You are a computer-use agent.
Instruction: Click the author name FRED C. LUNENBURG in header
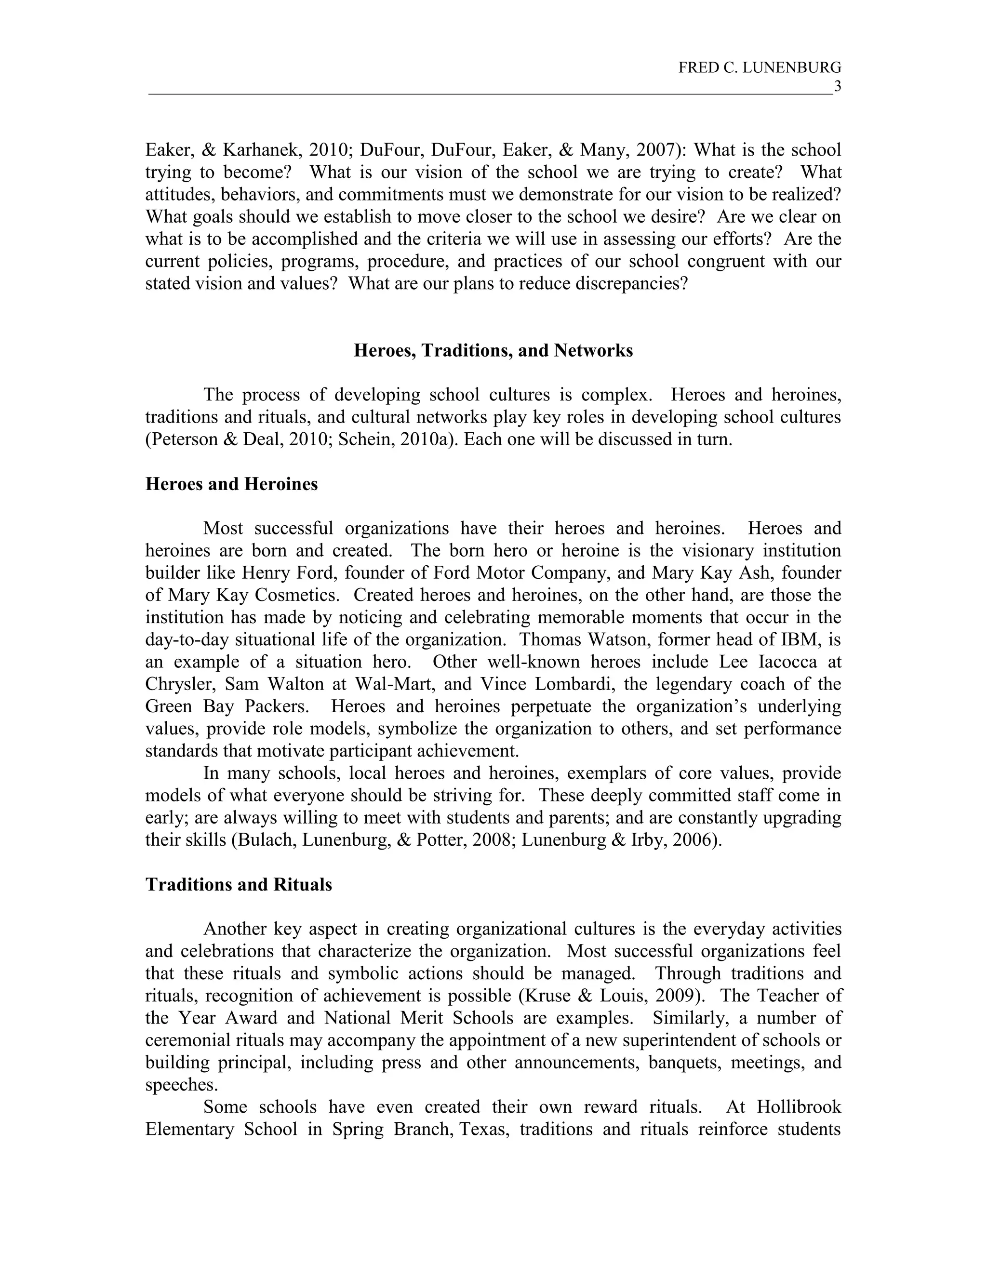[x=759, y=68]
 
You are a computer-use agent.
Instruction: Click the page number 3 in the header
[x=837, y=87]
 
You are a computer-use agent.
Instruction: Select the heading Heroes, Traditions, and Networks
[x=493, y=350]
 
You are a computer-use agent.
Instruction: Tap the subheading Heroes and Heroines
[x=231, y=484]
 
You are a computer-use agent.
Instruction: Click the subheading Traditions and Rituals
[x=239, y=885]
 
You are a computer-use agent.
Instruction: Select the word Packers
[x=276, y=706]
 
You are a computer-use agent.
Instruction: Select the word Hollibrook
[x=799, y=1107]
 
